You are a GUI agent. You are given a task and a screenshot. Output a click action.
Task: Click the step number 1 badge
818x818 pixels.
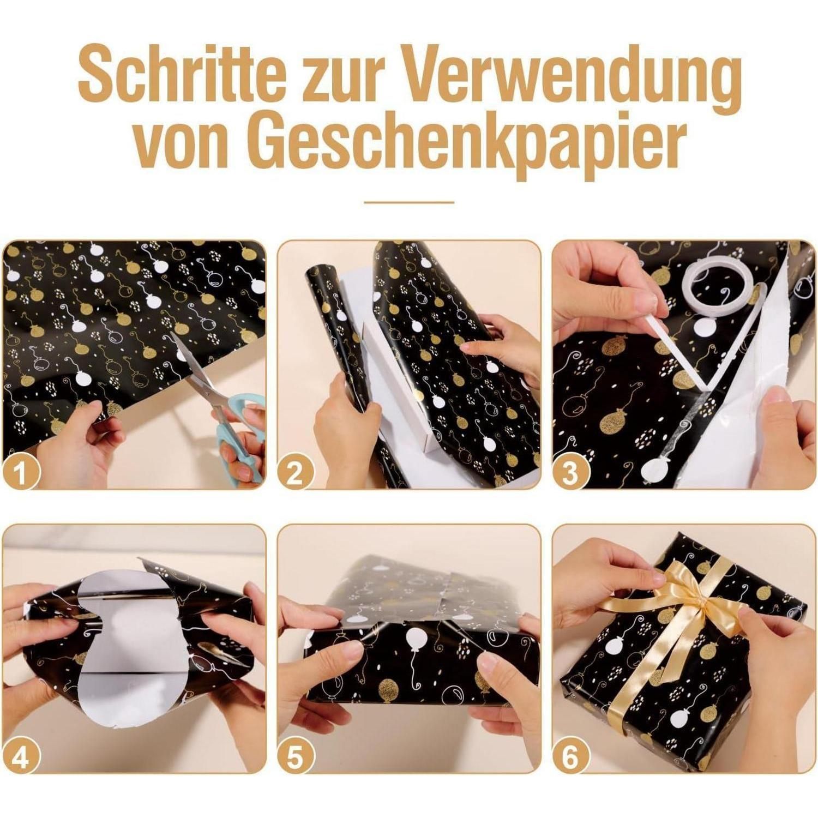click(20, 471)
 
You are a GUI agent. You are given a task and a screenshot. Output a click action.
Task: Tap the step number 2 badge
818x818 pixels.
click(294, 471)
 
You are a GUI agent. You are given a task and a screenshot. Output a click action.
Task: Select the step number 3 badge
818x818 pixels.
click(569, 471)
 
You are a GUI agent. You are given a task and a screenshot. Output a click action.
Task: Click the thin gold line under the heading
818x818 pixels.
click(409, 202)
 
